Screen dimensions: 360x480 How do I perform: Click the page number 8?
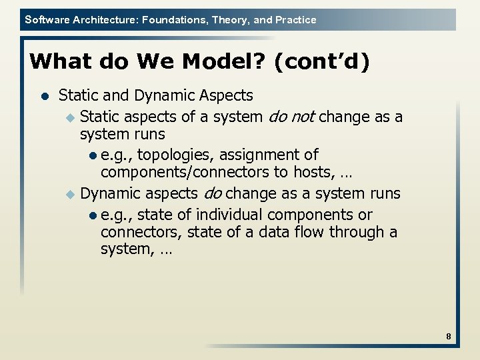[449, 337]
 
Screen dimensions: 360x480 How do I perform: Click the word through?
[367, 232]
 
